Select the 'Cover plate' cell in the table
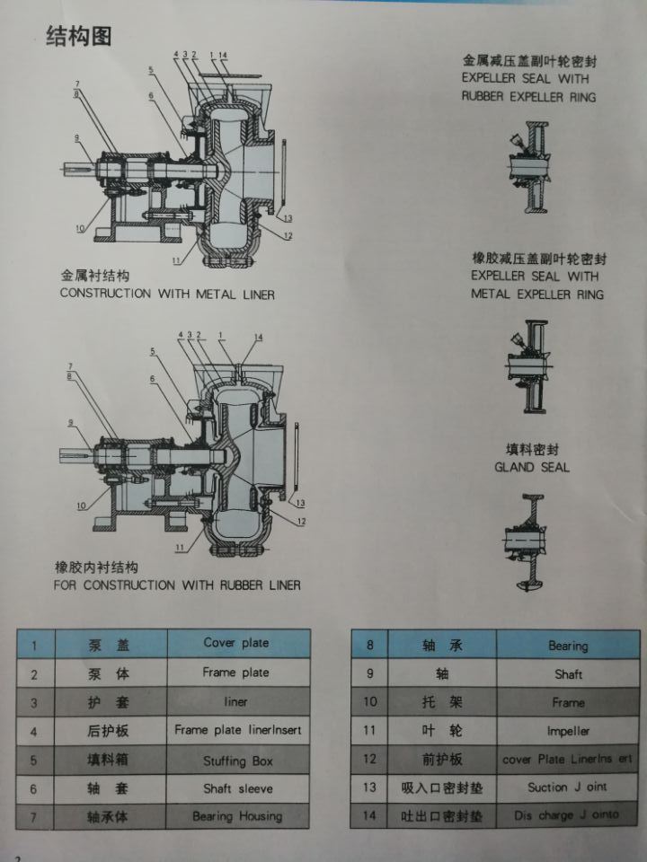pos(236,643)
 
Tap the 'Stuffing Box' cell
pos(236,761)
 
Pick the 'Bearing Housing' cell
pos(236,816)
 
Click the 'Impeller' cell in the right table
pos(566,731)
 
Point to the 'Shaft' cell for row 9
pos(567,673)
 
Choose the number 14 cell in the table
pos(367,816)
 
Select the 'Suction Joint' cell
pos(567,787)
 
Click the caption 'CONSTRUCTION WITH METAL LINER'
pos(167,294)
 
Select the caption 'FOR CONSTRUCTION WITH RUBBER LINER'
pos(177,585)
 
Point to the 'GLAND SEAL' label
pos(531,467)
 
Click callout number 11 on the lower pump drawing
pos(179,547)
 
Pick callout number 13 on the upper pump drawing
pos(288,218)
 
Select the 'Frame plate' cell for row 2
pos(236,673)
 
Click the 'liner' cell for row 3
pos(236,701)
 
